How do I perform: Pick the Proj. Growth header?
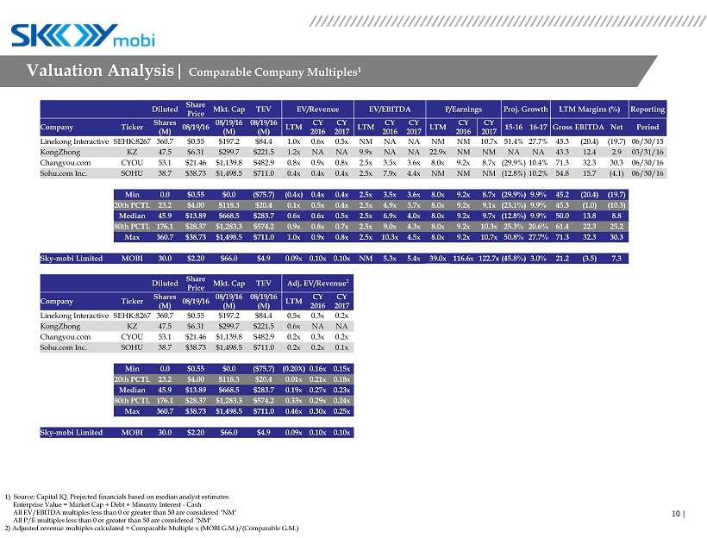click(x=525, y=109)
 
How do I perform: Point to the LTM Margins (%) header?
click(x=590, y=109)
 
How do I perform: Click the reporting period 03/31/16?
click(x=647, y=151)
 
